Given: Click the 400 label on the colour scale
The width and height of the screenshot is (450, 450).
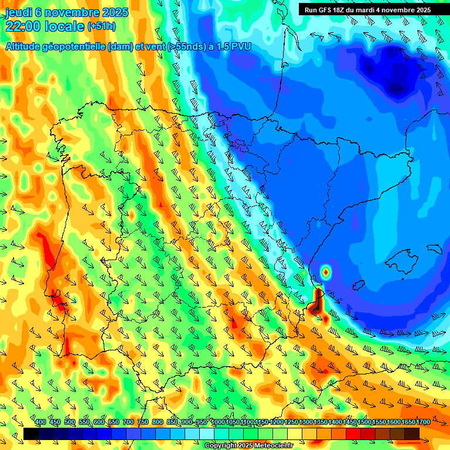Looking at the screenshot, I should click(40, 422).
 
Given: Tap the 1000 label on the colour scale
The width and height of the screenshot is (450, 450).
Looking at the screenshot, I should click(217, 422).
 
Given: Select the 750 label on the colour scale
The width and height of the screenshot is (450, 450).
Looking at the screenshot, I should click(143, 422).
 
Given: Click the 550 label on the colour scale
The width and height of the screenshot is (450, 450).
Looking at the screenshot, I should click(84, 422).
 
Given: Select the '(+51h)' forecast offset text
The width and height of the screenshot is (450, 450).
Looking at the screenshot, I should click(101, 26).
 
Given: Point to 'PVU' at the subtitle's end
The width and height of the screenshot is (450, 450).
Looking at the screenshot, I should click(241, 47).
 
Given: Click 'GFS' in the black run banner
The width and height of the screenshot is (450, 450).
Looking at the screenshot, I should click(327, 10).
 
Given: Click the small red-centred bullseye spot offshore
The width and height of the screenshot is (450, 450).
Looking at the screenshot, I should click(326, 271).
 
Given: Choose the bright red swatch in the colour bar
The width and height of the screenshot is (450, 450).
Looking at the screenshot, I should click(353, 434).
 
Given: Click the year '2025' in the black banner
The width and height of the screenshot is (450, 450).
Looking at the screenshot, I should click(421, 10).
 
